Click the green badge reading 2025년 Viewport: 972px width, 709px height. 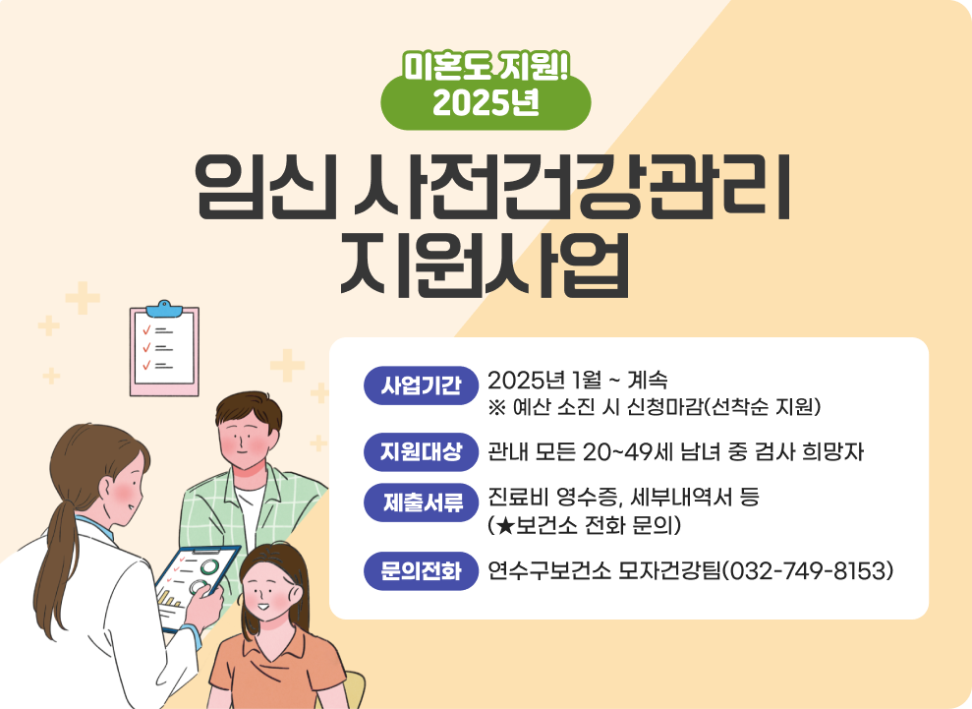tap(486, 101)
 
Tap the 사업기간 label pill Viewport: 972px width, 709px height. tap(421, 385)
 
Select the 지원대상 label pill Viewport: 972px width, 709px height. tap(421, 451)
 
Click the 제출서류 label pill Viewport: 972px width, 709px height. tap(421, 502)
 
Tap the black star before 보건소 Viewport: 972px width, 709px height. tap(505, 526)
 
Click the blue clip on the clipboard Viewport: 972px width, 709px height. tap(164, 309)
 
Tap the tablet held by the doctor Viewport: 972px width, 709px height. tap(198, 587)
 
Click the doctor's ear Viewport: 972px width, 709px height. tap(106, 489)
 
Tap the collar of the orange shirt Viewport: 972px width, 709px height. tap(273, 651)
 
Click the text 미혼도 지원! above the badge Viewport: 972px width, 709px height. tap(486, 66)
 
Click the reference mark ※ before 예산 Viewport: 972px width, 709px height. tap(497, 407)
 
